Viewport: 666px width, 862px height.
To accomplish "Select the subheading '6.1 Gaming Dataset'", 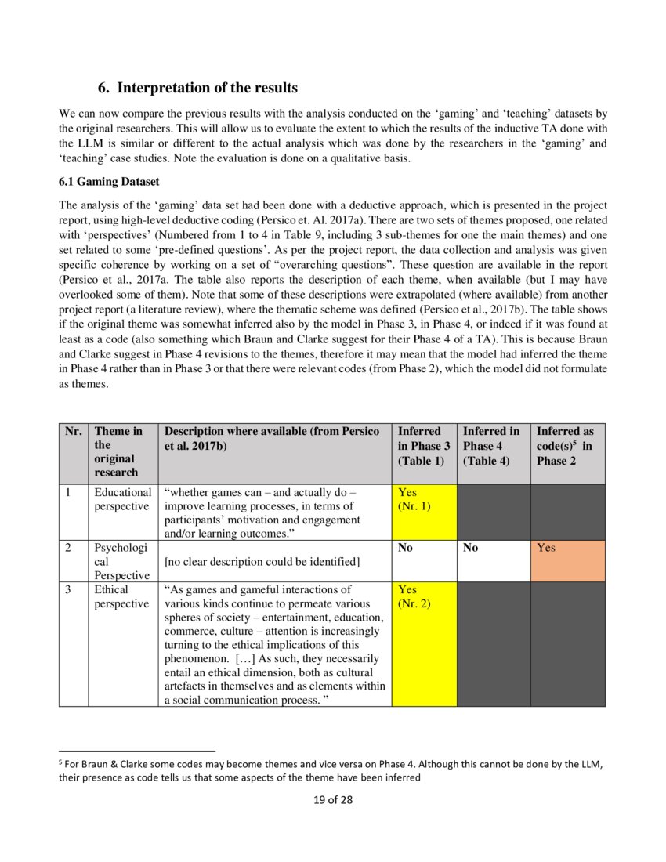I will click(x=109, y=181).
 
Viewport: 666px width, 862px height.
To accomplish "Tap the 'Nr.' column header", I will click(x=74, y=431).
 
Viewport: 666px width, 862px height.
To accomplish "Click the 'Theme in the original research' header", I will click(x=118, y=451).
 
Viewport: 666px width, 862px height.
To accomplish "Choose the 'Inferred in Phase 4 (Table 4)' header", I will click(x=490, y=445).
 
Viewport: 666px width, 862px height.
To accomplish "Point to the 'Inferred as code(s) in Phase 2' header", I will click(x=565, y=445).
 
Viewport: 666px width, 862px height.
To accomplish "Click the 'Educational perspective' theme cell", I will click(x=123, y=499).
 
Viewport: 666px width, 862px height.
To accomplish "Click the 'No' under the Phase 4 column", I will click(x=471, y=548).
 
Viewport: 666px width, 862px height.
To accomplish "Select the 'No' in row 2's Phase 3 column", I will click(x=406, y=548).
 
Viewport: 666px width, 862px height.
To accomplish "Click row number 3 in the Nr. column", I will click(x=69, y=589).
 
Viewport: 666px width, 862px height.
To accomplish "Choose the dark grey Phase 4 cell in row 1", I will click(x=493, y=511).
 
